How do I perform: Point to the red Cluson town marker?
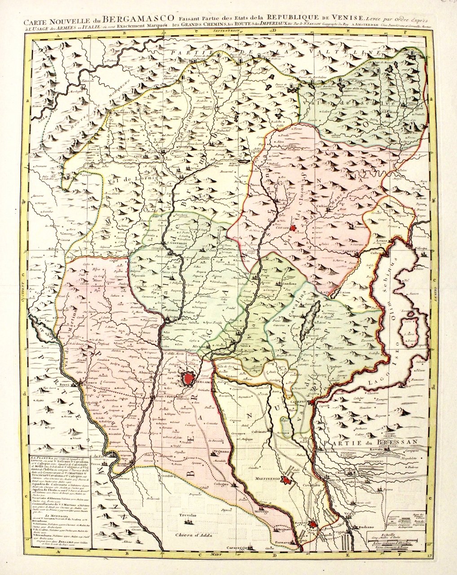[294, 229]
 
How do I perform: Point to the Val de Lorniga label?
[127, 178]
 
